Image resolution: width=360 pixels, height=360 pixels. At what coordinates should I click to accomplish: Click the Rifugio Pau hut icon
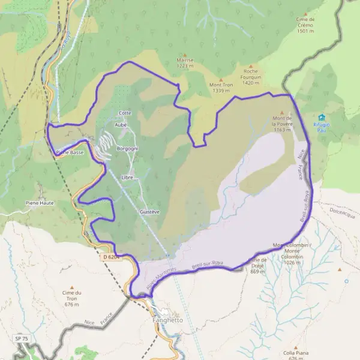(322, 118)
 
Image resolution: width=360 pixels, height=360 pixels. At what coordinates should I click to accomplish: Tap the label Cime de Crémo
(305, 22)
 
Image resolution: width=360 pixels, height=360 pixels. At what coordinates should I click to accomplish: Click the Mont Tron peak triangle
(221, 80)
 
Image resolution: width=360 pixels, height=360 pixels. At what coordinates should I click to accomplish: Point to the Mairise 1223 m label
(185, 63)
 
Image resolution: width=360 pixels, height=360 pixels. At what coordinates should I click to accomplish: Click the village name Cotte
(125, 113)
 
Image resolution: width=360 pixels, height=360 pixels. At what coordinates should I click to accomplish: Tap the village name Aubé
(121, 125)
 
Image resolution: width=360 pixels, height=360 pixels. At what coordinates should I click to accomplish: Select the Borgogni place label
(127, 148)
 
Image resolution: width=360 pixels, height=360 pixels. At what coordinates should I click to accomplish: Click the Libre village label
(127, 178)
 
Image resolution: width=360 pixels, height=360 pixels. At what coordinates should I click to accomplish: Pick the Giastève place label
(149, 212)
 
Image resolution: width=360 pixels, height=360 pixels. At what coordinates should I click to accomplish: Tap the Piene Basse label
(70, 152)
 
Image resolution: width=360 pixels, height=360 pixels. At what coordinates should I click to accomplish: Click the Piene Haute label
(40, 203)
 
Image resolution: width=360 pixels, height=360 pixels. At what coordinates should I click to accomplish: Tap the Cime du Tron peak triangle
(71, 287)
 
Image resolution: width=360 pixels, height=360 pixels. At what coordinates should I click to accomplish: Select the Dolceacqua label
(343, 211)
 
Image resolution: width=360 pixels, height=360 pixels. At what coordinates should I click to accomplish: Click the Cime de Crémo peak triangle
(305, 13)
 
